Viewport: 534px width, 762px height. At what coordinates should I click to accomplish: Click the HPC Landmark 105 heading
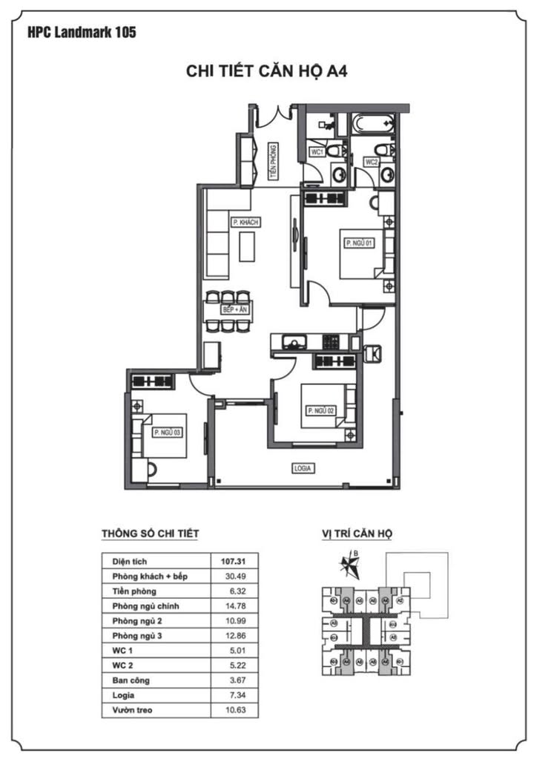[81, 32]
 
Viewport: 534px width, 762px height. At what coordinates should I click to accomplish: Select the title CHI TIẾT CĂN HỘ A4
[266, 71]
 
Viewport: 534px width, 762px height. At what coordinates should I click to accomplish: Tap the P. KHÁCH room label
[245, 222]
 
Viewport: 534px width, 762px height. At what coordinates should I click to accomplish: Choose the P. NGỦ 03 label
[167, 432]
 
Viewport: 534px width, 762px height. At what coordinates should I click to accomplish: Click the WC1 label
[317, 152]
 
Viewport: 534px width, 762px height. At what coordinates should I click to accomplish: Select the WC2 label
[371, 161]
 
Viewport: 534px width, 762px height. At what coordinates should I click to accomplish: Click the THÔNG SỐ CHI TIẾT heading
[150, 533]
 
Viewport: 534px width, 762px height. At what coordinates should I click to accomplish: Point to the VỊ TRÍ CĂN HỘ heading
[357, 533]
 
